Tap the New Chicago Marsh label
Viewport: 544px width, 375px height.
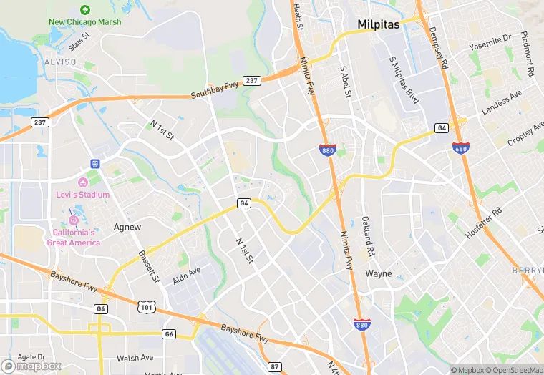[x=84, y=22]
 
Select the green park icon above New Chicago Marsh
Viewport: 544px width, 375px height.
[x=85, y=10]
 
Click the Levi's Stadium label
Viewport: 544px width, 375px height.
[x=83, y=195]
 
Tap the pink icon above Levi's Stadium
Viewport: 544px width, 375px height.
[x=83, y=182]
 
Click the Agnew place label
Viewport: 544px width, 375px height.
[x=128, y=227]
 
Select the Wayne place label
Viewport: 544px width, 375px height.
[x=379, y=273]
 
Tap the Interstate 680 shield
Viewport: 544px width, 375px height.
[x=461, y=147]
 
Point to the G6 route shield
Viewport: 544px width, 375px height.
[x=169, y=334]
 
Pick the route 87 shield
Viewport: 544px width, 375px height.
[x=275, y=367]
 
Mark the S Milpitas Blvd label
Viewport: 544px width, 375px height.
[x=403, y=80]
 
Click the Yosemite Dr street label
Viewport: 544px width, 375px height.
[x=490, y=42]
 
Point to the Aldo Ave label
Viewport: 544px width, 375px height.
[x=187, y=276]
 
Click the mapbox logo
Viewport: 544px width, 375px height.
[x=31, y=366]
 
